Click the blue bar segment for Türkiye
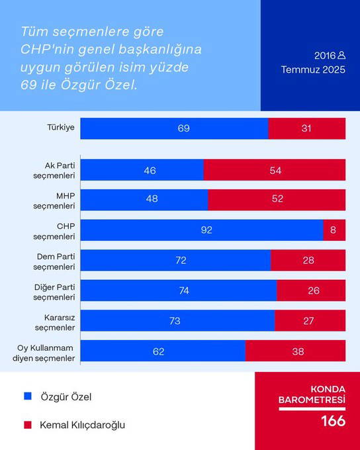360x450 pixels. (174, 128)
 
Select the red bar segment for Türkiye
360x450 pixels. (306, 128)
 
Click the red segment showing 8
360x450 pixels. (334, 230)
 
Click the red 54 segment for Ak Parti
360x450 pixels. (275, 170)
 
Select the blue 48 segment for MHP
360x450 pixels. (144, 200)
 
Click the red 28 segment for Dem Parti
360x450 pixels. (308, 261)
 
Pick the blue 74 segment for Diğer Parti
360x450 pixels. (179, 291)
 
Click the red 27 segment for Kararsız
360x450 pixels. (310, 321)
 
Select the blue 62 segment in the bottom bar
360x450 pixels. (163, 351)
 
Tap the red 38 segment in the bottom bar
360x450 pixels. (295, 351)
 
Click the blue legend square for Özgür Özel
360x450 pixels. (27, 396)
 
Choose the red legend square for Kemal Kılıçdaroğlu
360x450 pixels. (27, 424)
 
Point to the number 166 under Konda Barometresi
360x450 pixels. (333, 422)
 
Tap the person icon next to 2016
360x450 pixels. (341, 56)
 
